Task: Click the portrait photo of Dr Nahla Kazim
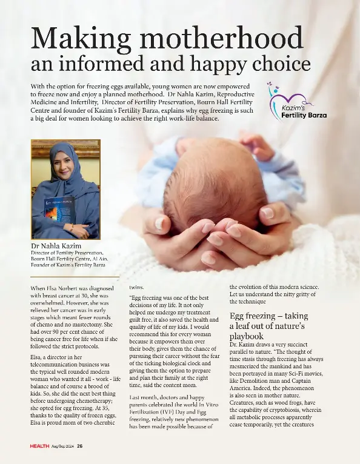pyautogui.click(x=65, y=189)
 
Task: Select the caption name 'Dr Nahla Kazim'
pyautogui.click(x=59, y=247)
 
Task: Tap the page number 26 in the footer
pyautogui.click(x=80, y=446)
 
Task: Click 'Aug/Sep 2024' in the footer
pyautogui.click(x=63, y=446)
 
